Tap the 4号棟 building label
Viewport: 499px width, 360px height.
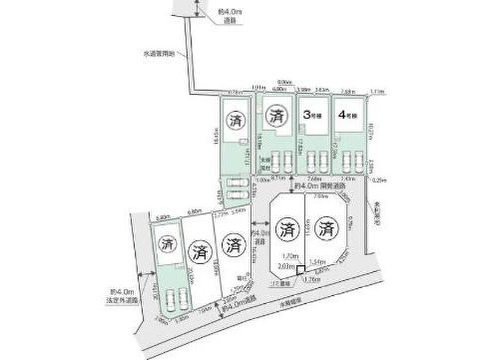click(348, 115)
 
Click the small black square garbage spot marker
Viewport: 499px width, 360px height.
click(300, 271)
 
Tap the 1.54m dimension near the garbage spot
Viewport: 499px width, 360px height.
click(317, 261)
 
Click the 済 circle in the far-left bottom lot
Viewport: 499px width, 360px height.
click(166, 244)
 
